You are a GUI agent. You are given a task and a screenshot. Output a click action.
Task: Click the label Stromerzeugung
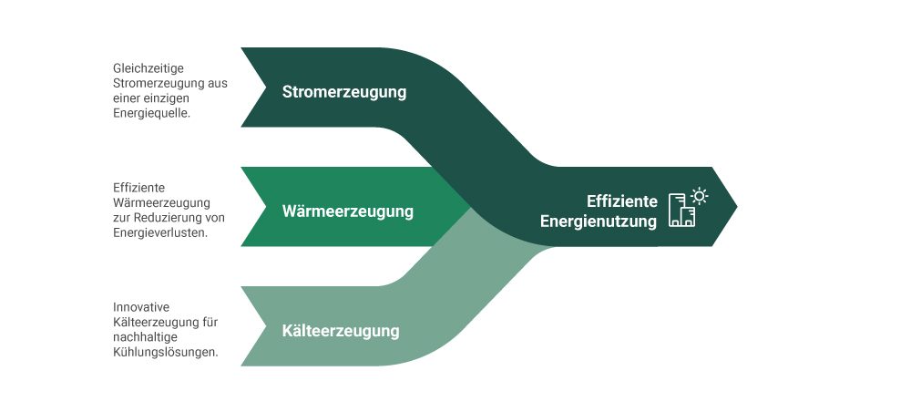pos(344,92)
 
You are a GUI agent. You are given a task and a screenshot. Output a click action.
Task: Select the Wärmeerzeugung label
pos(348,211)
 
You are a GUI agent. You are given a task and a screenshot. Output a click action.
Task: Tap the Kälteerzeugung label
pos(341,330)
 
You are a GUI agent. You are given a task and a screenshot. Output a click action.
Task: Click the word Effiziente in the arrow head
pos(621,201)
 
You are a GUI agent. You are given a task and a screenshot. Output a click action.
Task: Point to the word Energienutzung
pos(599,221)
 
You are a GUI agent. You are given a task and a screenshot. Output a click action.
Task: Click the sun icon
pos(700,195)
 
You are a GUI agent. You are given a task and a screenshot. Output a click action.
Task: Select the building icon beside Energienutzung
pos(681,212)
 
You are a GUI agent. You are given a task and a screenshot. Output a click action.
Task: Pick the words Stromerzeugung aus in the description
pos(169,83)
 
